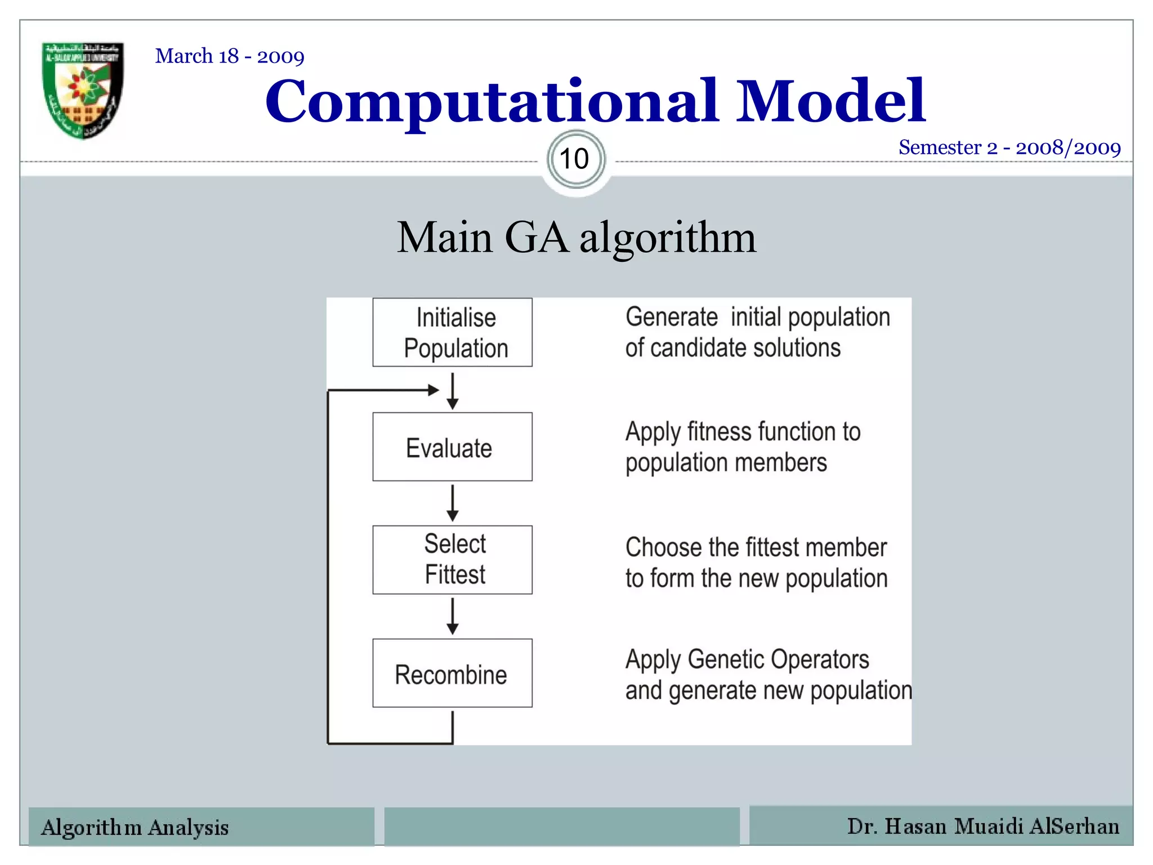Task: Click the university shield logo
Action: tap(83, 90)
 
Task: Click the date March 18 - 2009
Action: tap(230, 56)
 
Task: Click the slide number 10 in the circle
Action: tap(575, 159)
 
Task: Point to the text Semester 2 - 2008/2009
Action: tap(1009, 148)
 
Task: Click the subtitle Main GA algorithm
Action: tap(576, 238)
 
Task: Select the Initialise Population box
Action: tap(452, 333)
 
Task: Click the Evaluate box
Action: tap(452, 447)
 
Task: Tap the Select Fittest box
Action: tap(452, 560)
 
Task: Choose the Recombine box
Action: tap(452, 674)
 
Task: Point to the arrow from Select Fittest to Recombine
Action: tap(452, 617)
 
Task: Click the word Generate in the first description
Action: tap(672, 317)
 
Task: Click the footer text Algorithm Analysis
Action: tap(135, 827)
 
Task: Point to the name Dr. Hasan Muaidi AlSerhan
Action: tap(983, 826)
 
